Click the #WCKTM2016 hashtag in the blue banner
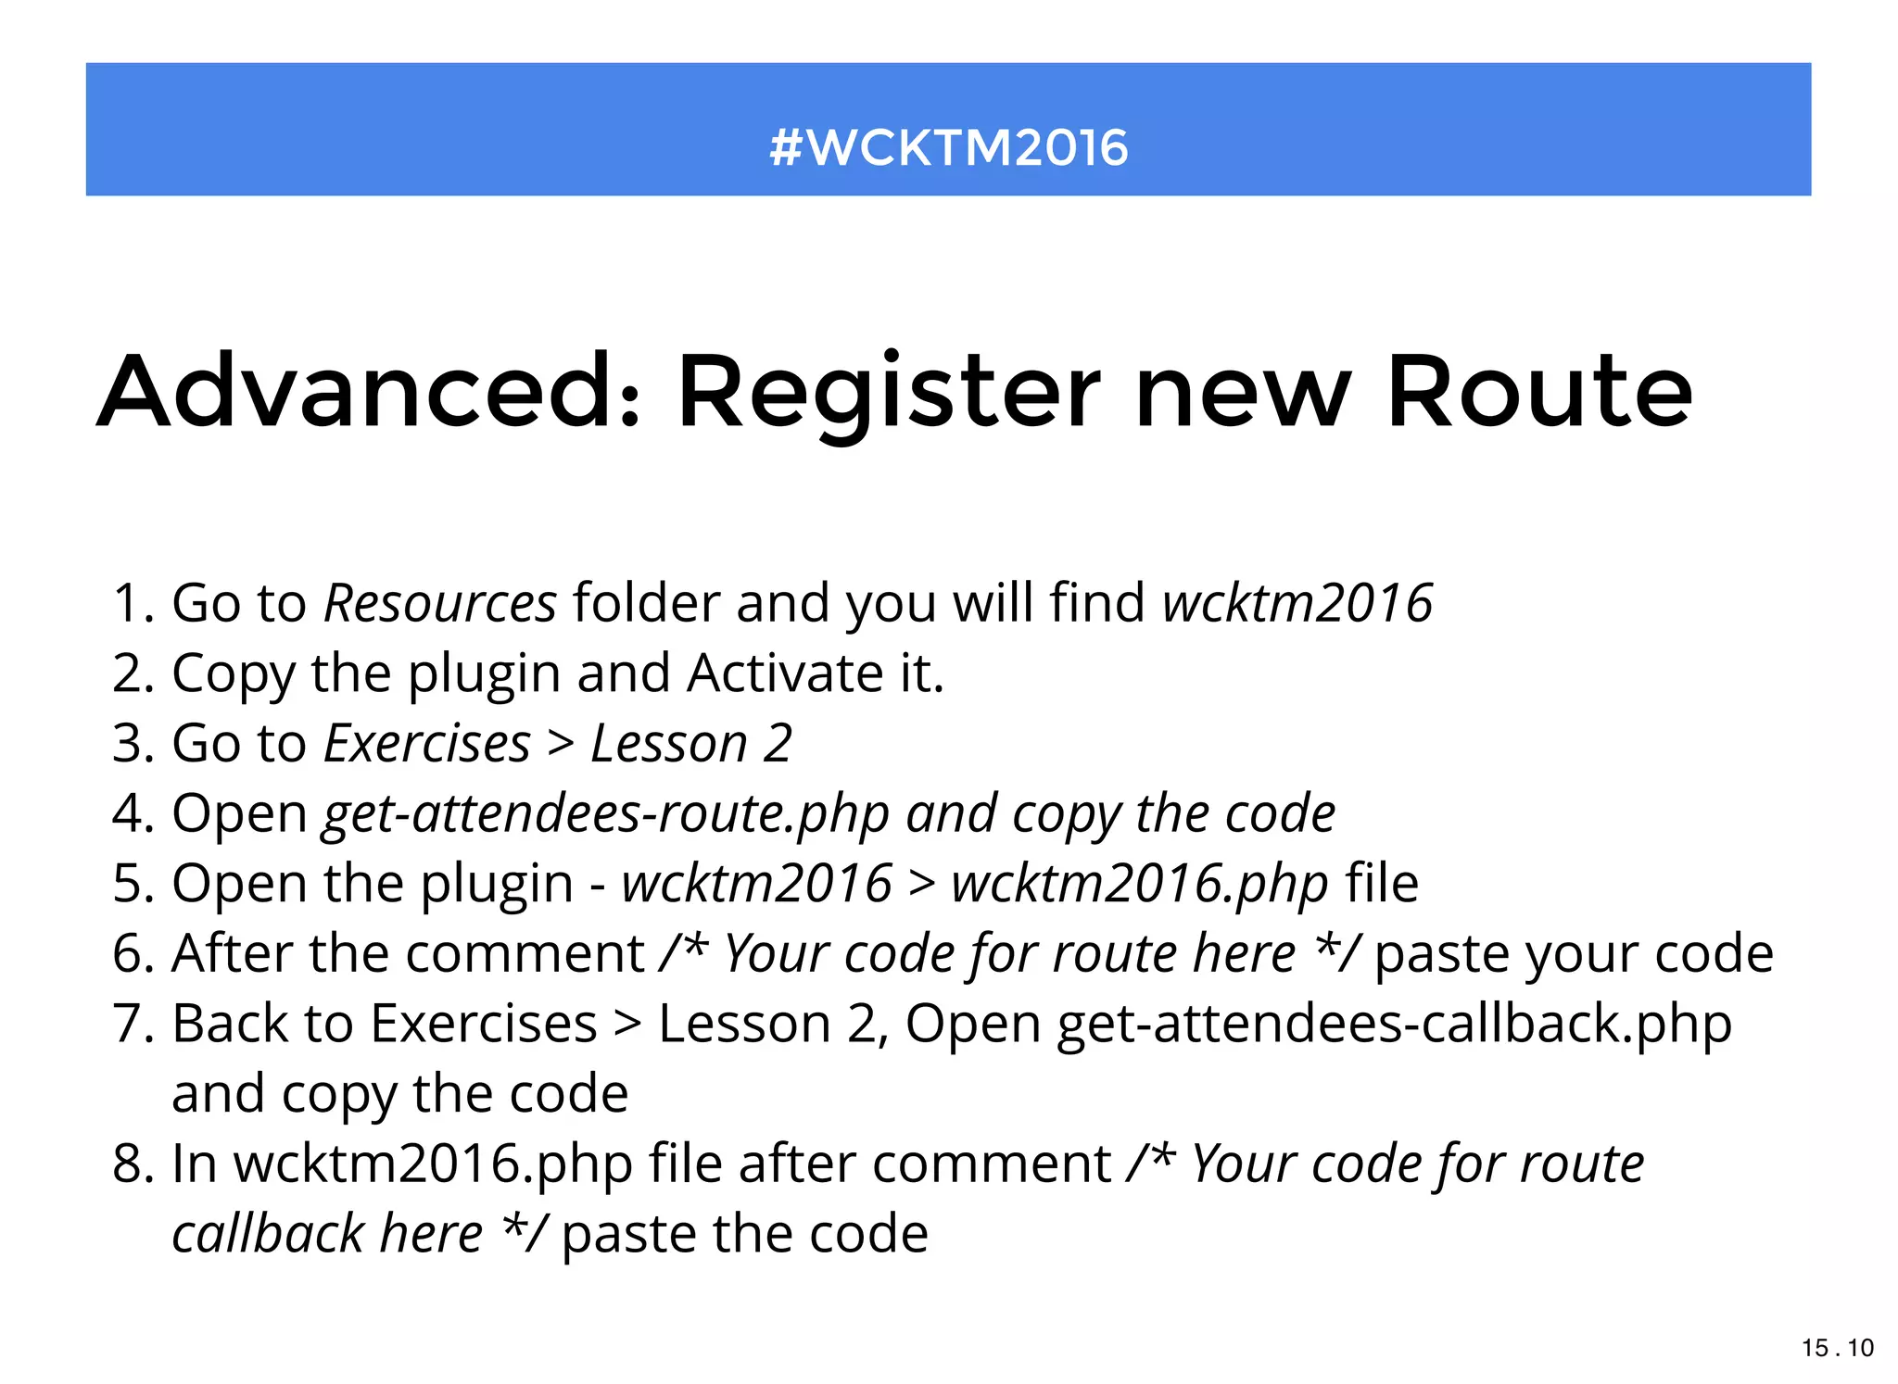[x=948, y=148]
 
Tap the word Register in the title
[x=889, y=393]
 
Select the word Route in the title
[x=1539, y=393]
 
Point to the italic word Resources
[x=440, y=603]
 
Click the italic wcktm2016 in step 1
[x=1297, y=603]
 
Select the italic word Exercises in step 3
[x=427, y=744]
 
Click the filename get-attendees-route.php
[x=605, y=814]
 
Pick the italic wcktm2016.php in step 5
[x=1140, y=884]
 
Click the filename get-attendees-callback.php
[x=1394, y=1025]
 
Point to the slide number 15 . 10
[x=1837, y=1348]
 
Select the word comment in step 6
[x=525, y=954]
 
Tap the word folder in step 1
[x=646, y=603]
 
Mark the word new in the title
[x=1243, y=393]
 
